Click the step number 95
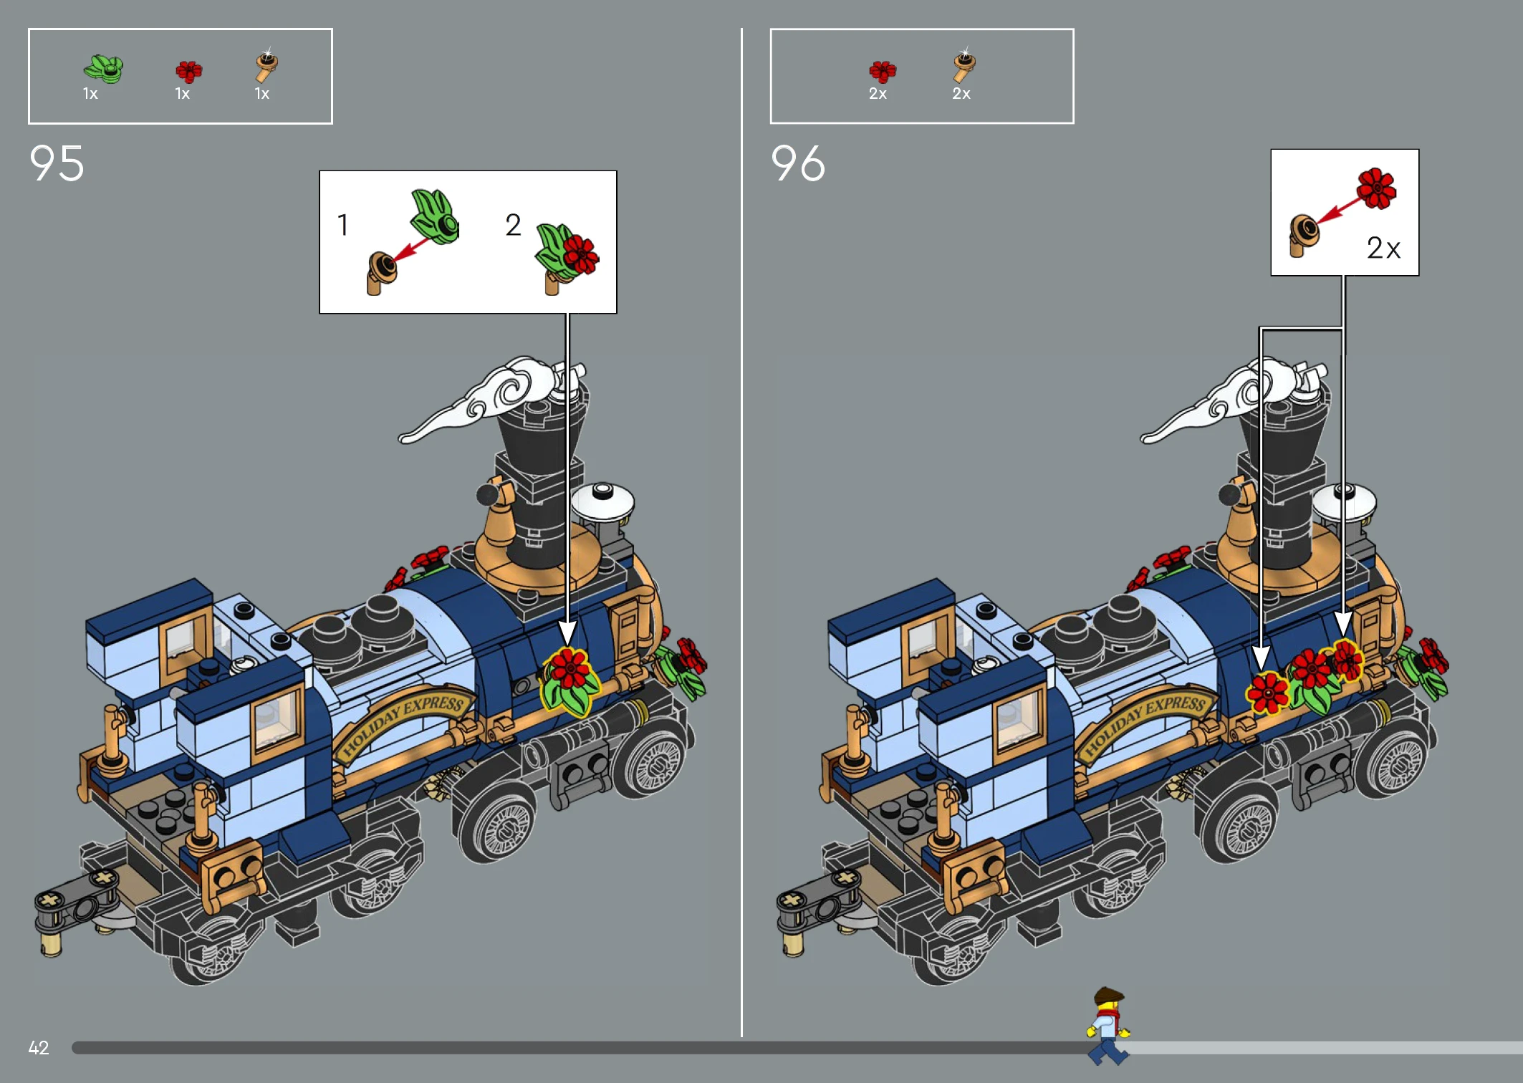point(57,163)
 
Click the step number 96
point(798,163)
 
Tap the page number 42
point(39,1048)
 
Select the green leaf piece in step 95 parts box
point(104,69)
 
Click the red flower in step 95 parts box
point(189,72)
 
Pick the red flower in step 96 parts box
point(883,72)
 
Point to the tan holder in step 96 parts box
point(964,66)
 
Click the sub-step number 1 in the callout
point(343,225)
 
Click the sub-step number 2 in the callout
point(513,225)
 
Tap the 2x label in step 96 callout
point(1383,248)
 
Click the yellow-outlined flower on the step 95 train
point(570,680)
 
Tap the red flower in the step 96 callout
point(1376,188)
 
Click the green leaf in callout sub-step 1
point(435,216)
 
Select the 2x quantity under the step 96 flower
point(878,94)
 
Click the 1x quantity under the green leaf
point(90,94)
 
